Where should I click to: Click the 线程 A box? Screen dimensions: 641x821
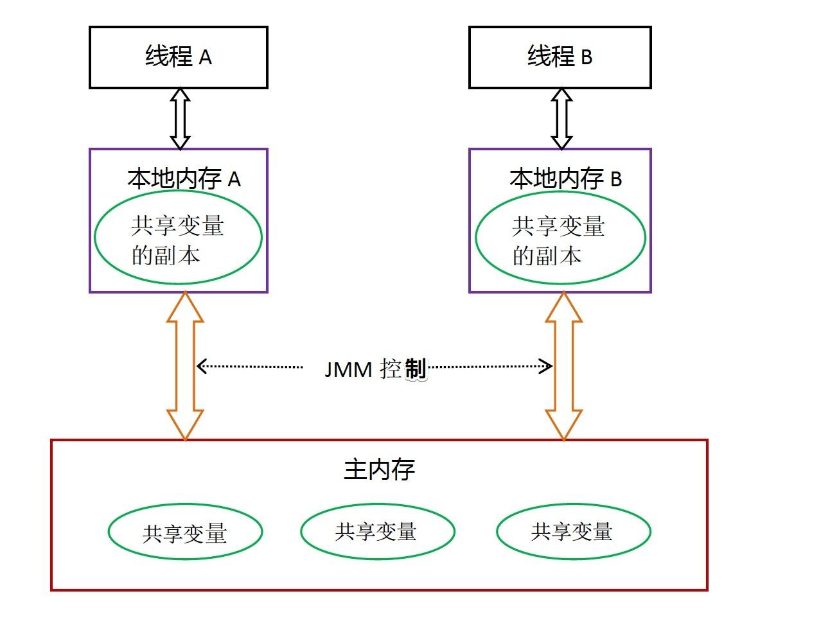coord(178,57)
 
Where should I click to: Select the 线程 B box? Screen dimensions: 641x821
coord(560,57)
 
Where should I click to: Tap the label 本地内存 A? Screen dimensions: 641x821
coord(184,179)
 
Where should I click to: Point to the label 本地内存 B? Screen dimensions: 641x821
coord(565,179)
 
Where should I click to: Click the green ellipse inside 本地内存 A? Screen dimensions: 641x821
coord(178,237)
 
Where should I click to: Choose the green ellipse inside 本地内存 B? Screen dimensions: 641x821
coord(560,238)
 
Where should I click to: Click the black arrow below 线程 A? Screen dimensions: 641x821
coord(180,118)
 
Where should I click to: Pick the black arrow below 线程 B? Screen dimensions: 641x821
coord(562,118)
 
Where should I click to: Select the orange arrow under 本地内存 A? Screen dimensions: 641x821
coord(185,365)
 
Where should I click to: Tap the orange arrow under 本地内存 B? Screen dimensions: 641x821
coord(564,365)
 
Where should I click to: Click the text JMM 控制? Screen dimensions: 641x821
coord(375,369)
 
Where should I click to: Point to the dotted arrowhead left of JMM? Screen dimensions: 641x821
coord(201,366)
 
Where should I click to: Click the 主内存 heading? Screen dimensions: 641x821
coord(379,470)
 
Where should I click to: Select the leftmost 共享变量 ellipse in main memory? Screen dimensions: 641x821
coord(185,532)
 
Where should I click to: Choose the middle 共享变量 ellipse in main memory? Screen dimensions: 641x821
coord(377,531)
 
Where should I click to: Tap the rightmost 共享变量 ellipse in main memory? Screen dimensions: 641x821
coord(573,531)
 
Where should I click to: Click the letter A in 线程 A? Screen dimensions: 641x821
coord(205,58)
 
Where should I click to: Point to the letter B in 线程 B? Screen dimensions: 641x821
coord(587,58)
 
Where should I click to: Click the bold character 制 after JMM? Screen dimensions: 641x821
coord(416,369)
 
